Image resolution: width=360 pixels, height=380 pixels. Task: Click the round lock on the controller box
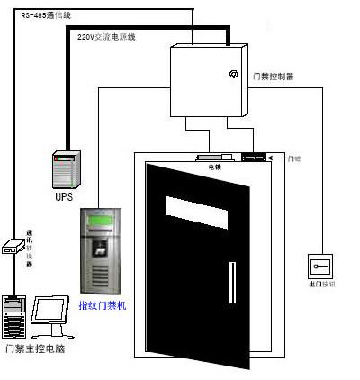click(233, 73)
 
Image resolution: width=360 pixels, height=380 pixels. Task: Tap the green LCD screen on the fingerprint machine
click(99, 220)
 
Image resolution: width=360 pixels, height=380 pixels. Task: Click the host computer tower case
click(13, 314)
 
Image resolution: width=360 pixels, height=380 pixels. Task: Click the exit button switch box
click(320, 267)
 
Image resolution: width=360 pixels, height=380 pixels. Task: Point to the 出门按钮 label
click(320, 284)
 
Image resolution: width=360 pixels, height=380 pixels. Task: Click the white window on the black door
click(197, 209)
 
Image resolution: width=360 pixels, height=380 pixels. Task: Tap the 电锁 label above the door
click(215, 167)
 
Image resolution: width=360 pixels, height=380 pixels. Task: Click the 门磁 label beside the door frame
click(293, 158)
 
